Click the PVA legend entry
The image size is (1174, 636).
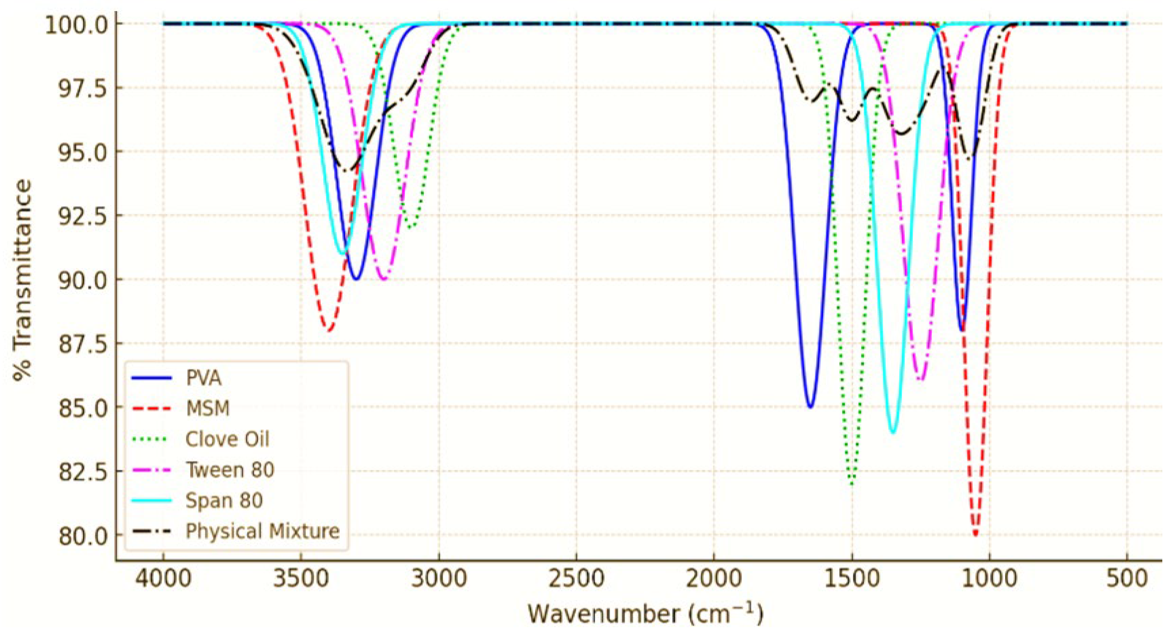(203, 378)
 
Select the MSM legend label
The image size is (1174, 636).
(207, 408)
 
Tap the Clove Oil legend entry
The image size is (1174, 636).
(227, 439)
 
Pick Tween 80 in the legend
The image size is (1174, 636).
(230, 470)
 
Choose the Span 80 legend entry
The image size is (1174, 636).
(224, 500)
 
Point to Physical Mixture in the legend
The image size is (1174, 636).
(262, 531)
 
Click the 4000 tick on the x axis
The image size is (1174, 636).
(163, 578)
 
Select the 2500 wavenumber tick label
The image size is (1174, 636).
(576, 578)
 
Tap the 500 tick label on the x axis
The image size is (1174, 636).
(1128, 578)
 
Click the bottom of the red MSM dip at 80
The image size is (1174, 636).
(975, 534)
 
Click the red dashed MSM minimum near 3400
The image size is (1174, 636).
(328, 330)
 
